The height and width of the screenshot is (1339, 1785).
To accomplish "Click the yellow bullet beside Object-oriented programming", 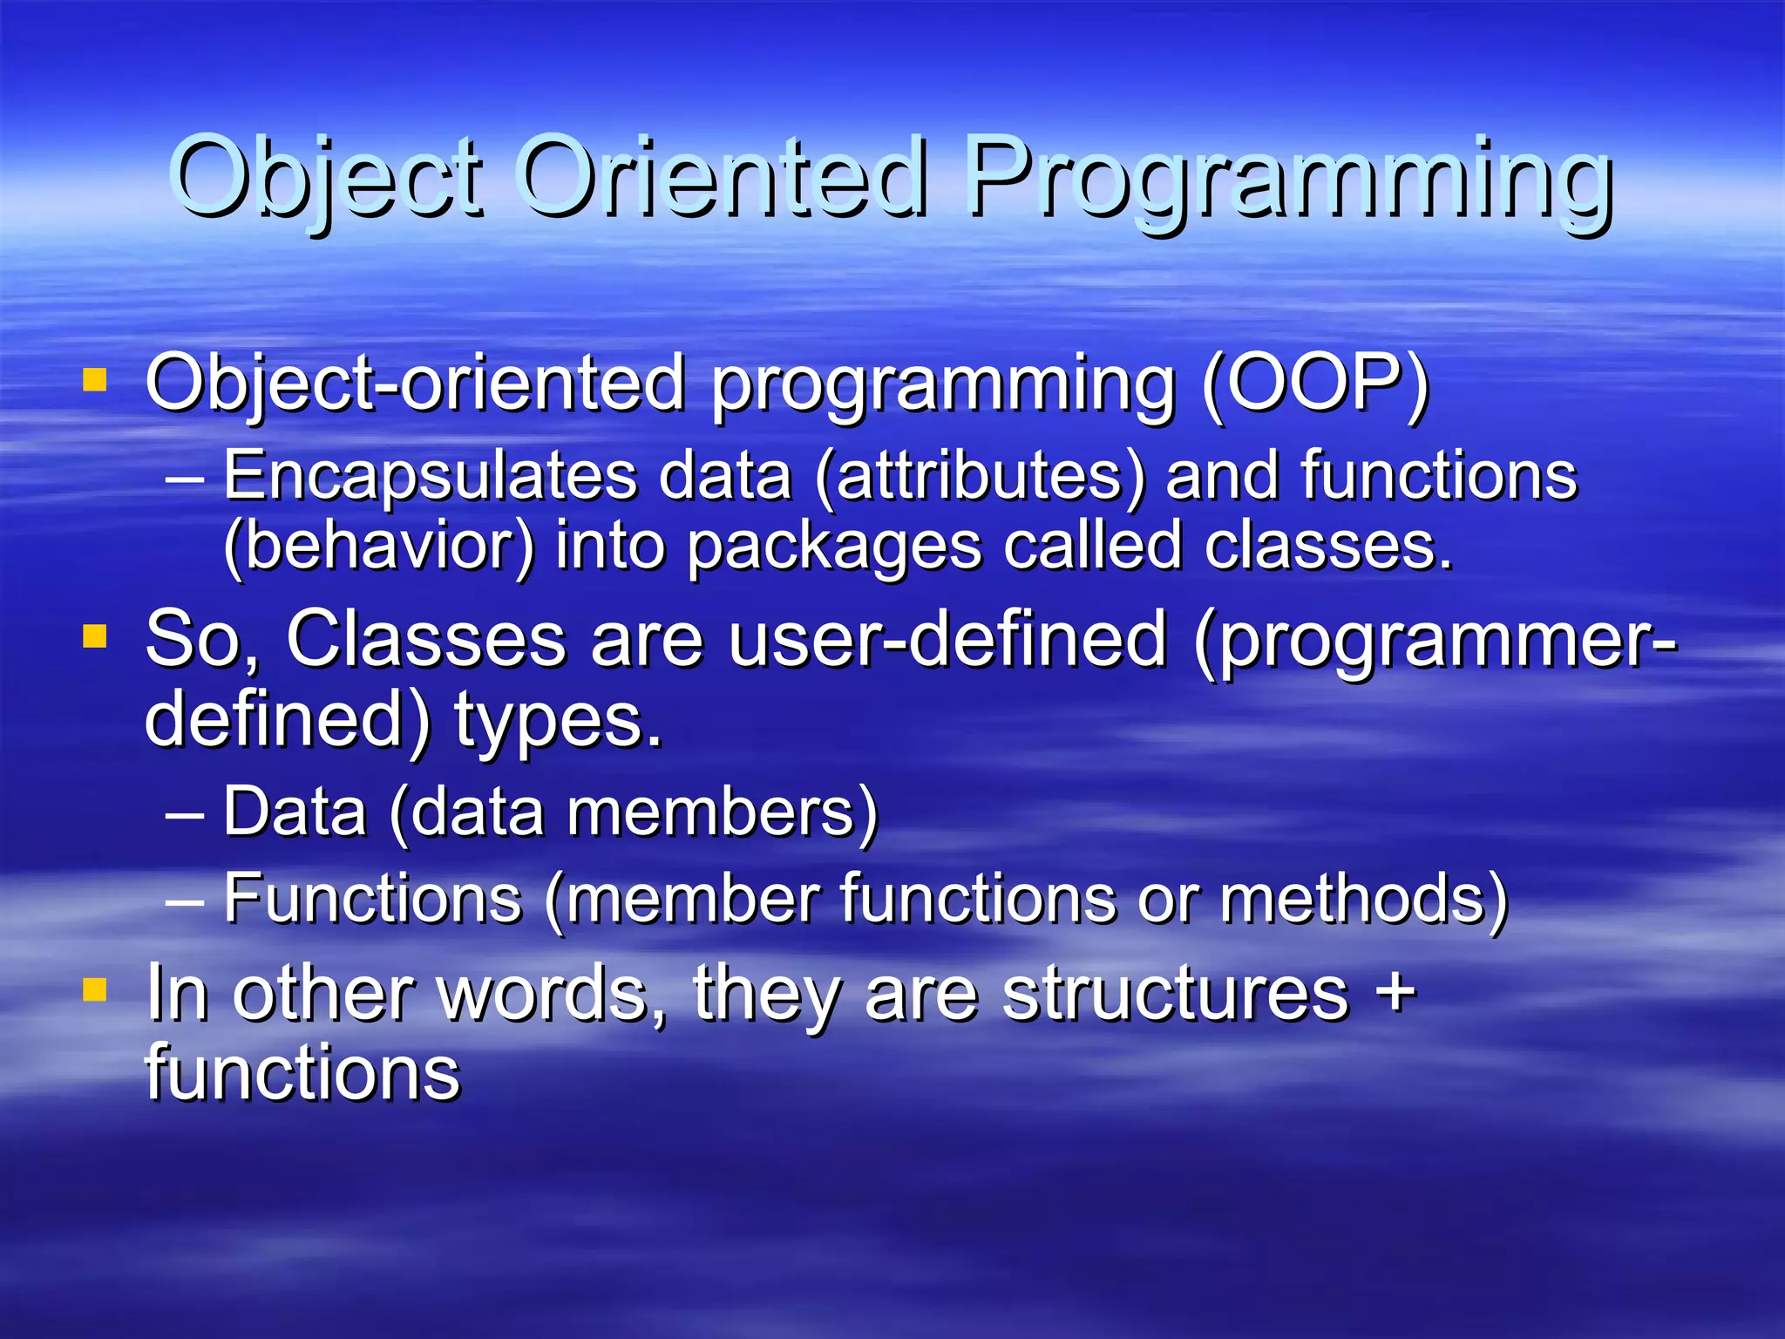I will [94, 381].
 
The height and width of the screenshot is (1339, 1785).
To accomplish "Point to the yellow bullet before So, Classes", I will [94, 636].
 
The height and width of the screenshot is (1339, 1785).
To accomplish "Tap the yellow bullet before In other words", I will [94, 990].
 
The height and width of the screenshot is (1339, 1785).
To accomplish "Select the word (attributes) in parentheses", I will [980, 478].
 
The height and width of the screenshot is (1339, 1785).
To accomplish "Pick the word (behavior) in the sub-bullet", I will [378, 547].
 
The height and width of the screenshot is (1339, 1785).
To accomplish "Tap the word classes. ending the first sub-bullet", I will [1328, 547].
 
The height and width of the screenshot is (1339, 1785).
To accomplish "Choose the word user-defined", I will [947, 641].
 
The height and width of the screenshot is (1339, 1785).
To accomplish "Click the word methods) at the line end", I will [1363, 900].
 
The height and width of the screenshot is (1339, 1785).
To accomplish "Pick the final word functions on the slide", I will [302, 1073].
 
